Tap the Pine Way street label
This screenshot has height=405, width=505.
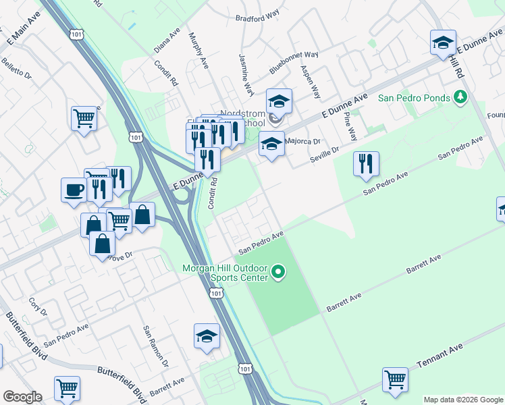tap(349, 125)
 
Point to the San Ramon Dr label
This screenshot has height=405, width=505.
tap(155, 344)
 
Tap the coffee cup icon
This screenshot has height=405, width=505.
tap(73, 190)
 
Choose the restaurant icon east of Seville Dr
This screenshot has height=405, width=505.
tap(366, 163)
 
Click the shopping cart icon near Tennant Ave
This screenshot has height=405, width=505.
tap(395, 379)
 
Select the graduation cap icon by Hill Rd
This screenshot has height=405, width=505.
tap(443, 42)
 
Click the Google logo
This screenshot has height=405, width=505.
tap(22, 397)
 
